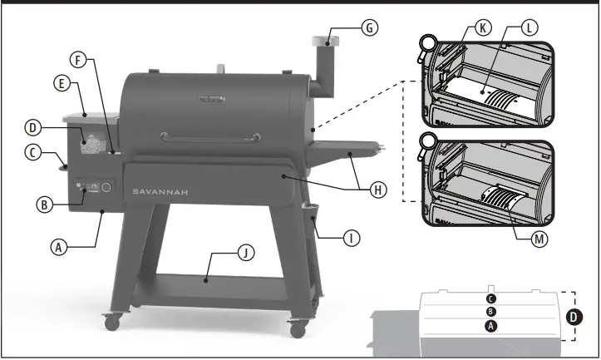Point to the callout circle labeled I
(352, 238)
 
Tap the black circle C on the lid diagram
(491, 298)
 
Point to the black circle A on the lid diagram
(491, 327)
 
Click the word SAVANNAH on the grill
(164, 191)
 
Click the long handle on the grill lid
(199, 136)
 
